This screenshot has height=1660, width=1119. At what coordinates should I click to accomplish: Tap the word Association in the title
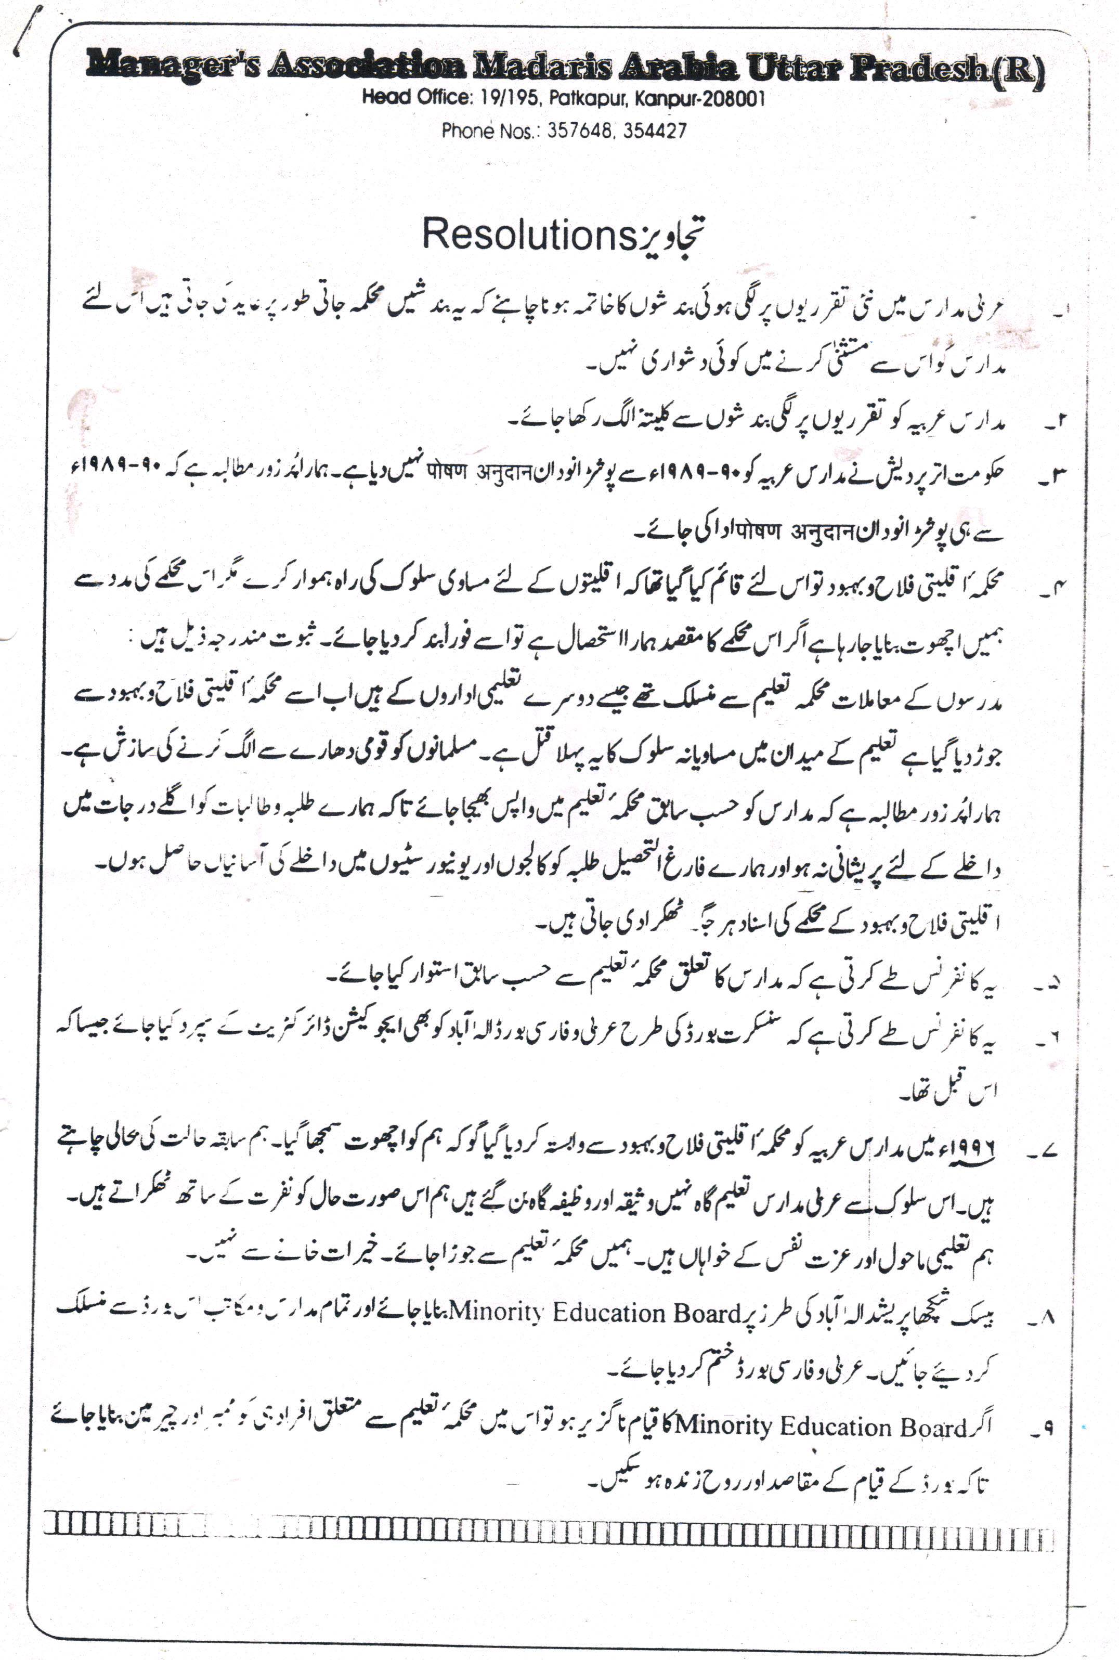366,67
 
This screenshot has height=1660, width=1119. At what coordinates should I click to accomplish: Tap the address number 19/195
508,98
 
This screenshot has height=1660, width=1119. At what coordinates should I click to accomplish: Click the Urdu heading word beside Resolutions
671,236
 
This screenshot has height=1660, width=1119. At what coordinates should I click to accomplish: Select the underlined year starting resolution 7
971,1150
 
